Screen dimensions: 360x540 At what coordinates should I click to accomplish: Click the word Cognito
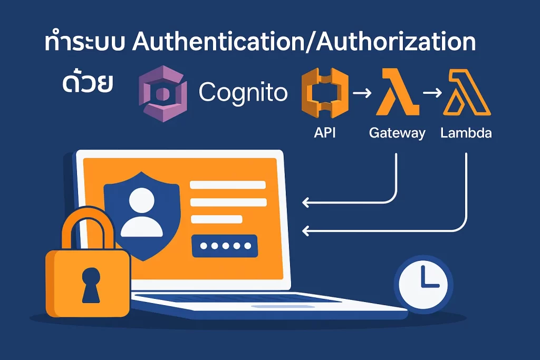click(x=243, y=93)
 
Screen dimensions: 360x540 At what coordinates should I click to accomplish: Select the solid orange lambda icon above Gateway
click(x=397, y=93)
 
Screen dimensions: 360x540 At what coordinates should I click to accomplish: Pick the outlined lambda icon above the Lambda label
click(x=467, y=93)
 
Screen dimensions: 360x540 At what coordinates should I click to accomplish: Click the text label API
click(x=324, y=133)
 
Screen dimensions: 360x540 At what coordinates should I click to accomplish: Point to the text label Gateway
click(x=397, y=133)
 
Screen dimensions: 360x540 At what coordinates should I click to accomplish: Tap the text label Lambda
click(x=466, y=133)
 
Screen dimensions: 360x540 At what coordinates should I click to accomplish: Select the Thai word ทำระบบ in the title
click(x=85, y=44)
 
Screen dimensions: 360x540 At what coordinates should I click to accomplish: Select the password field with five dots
click(x=224, y=246)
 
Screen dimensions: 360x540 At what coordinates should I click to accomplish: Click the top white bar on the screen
click(x=228, y=185)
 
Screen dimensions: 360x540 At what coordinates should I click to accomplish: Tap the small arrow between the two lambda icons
click(x=432, y=94)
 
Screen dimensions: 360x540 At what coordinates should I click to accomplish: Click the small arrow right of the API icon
click(x=362, y=94)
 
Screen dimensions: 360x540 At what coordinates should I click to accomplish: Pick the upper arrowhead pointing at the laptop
click(x=305, y=202)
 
